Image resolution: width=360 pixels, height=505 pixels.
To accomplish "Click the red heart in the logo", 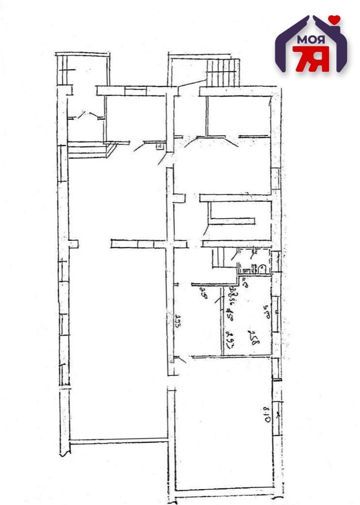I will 334,20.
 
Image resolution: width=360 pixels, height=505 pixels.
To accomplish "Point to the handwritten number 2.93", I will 178,322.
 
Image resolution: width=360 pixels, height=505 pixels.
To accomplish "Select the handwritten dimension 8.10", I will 266,414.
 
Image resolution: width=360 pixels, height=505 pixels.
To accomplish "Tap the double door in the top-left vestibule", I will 85,116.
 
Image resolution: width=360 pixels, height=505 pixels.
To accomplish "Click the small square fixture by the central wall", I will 160,147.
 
